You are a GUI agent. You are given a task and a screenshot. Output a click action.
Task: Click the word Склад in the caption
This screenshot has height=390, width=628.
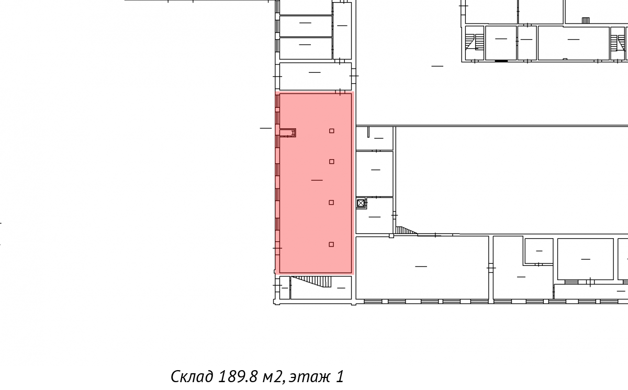tap(192, 376)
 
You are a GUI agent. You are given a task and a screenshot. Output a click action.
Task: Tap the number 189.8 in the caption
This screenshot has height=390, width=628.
tap(238, 376)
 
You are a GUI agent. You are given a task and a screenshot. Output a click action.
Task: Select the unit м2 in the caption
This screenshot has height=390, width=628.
tap(272, 377)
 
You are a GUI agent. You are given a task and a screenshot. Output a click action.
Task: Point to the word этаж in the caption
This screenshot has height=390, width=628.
tap(309, 377)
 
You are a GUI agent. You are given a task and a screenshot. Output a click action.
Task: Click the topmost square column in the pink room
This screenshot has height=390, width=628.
tap(332, 131)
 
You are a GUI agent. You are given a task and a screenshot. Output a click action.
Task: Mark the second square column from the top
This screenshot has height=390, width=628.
tap(332, 161)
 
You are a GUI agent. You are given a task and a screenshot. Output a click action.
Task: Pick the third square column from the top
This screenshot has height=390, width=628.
tap(331, 203)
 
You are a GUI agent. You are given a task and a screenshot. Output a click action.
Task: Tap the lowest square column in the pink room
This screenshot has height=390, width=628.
tap(331, 244)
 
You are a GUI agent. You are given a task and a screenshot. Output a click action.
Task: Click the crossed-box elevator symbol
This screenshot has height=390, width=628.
tap(361, 203)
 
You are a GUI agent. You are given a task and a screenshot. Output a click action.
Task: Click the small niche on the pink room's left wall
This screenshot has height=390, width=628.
tap(288, 132)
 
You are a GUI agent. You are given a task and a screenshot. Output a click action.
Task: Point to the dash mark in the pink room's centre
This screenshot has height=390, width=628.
tap(317, 180)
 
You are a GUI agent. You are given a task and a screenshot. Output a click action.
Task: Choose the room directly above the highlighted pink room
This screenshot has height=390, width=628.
tap(316, 76)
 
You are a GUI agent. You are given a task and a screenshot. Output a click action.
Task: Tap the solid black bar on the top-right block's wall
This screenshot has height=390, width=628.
tap(501, 61)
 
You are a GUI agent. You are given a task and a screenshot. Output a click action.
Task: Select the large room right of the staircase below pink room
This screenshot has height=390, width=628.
tap(422, 268)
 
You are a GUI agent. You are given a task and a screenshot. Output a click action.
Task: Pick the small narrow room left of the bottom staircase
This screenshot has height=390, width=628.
tap(285, 288)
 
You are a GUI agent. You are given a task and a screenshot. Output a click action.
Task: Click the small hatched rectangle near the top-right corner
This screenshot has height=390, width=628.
tap(586, 20)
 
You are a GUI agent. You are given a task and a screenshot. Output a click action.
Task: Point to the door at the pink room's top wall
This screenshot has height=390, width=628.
tap(340, 92)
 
